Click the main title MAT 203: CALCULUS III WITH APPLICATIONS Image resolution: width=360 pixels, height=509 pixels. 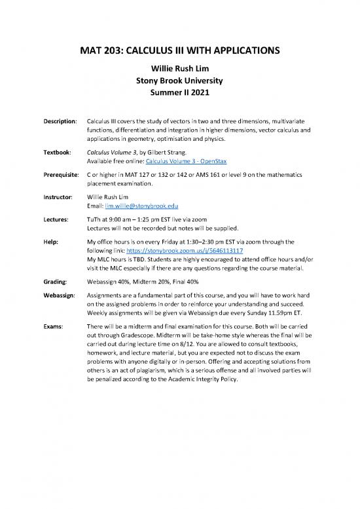[x=179, y=51]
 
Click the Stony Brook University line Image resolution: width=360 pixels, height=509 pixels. [x=179, y=82]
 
